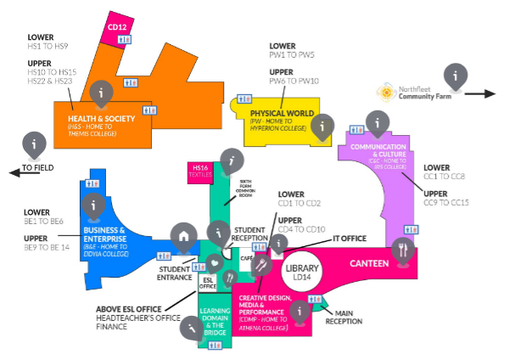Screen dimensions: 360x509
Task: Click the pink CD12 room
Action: click(x=117, y=27)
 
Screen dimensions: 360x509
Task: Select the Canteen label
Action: click(x=369, y=264)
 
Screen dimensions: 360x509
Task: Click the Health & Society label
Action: click(x=102, y=118)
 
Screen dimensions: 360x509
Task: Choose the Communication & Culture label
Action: click(x=373, y=150)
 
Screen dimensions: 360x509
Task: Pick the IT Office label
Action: click(x=349, y=239)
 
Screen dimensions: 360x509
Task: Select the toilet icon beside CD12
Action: click(x=131, y=82)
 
